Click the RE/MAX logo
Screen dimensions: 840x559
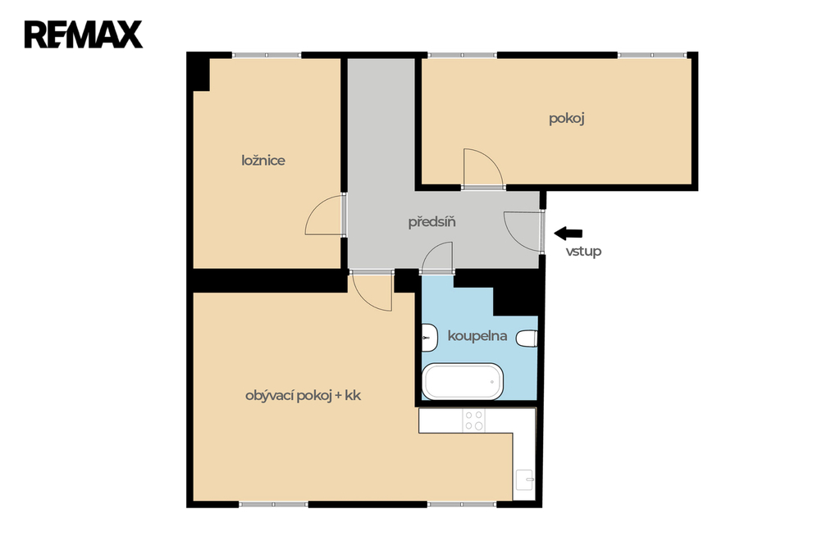click(84, 34)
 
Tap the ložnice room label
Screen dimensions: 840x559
click(263, 161)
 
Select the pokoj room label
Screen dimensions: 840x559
click(566, 118)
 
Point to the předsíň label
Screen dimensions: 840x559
click(431, 221)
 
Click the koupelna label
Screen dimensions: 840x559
click(477, 336)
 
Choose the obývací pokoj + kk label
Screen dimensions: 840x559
click(304, 396)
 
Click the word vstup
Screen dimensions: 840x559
click(583, 251)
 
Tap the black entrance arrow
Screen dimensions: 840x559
click(568, 233)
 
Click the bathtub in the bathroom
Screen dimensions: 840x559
click(463, 381)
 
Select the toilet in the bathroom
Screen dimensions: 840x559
click(527, 339)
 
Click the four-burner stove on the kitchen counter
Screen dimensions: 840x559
click(474, 420)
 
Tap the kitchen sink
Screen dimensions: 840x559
click(524, 479)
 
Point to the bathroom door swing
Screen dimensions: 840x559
click(430, 251)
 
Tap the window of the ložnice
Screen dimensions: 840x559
click(267, 55)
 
